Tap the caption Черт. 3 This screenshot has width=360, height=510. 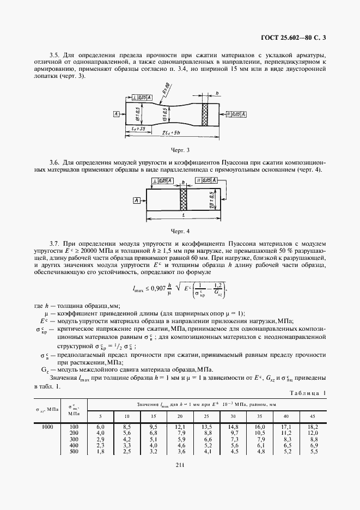point(180,148)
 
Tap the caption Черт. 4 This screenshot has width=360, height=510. point(180,230)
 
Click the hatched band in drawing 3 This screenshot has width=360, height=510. point(206,114)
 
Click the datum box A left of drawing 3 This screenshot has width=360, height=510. point(117,114)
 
